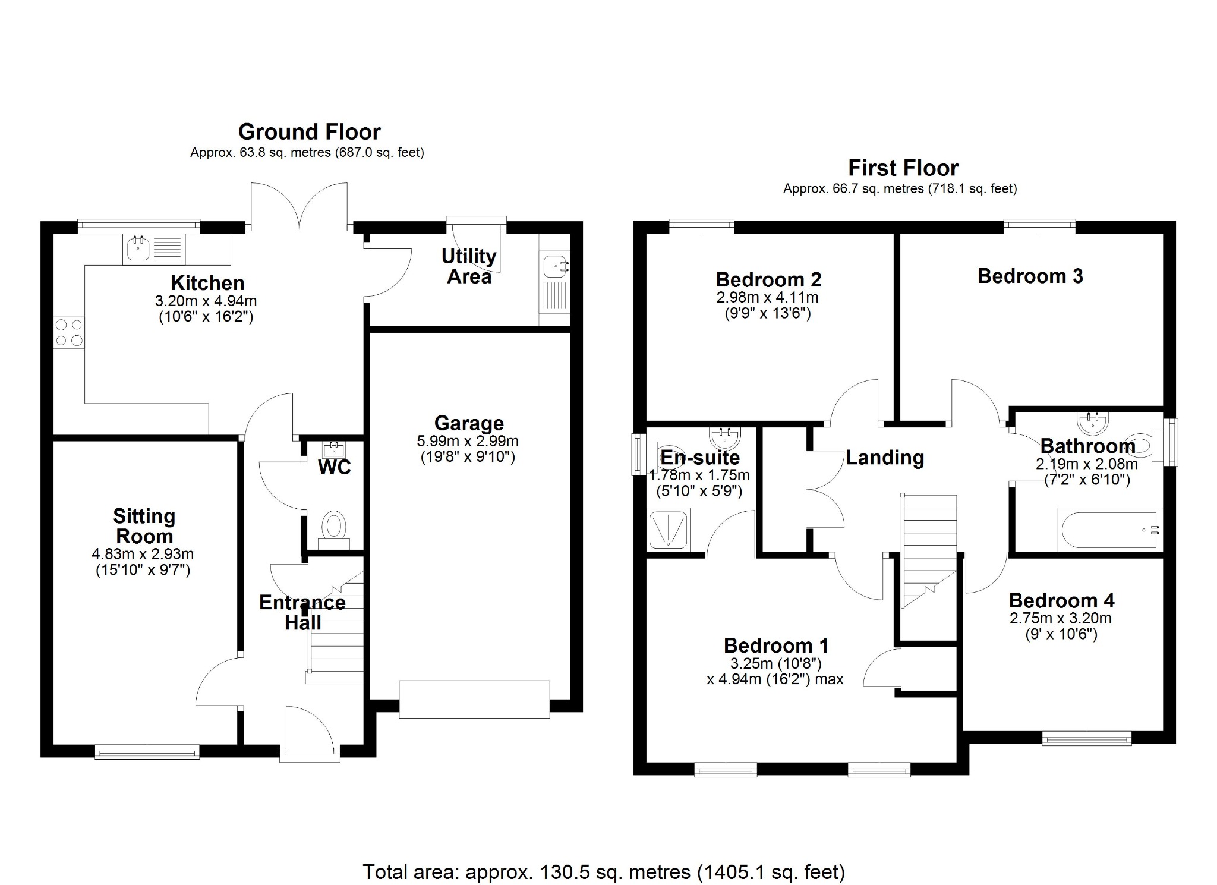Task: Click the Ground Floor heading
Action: pyautogui.click(x=309, y=131)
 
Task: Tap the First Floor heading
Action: pyautogui.click(x=903, y=168)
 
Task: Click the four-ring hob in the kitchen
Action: pyautogui.click(x=69, y=332)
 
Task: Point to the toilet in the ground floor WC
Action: pyautogui.click(x=334, y=528)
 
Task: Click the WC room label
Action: pyautogui.click(x=335, y=468)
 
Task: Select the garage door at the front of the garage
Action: pyautogui.click(x=474, y=700)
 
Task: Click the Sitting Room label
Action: pyautogui.click(x=144, y=526)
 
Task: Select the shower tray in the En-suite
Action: pyautogui.click(x=669, y=528)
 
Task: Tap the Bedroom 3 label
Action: pyautogui.click(x=1030, y=276)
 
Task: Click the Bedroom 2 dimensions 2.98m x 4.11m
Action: pyautogui.click(x=767, y=298)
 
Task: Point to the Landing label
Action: pyautogui.click(x=885, y=458)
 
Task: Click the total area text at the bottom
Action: pyautogui.click(x=603, y=872)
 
